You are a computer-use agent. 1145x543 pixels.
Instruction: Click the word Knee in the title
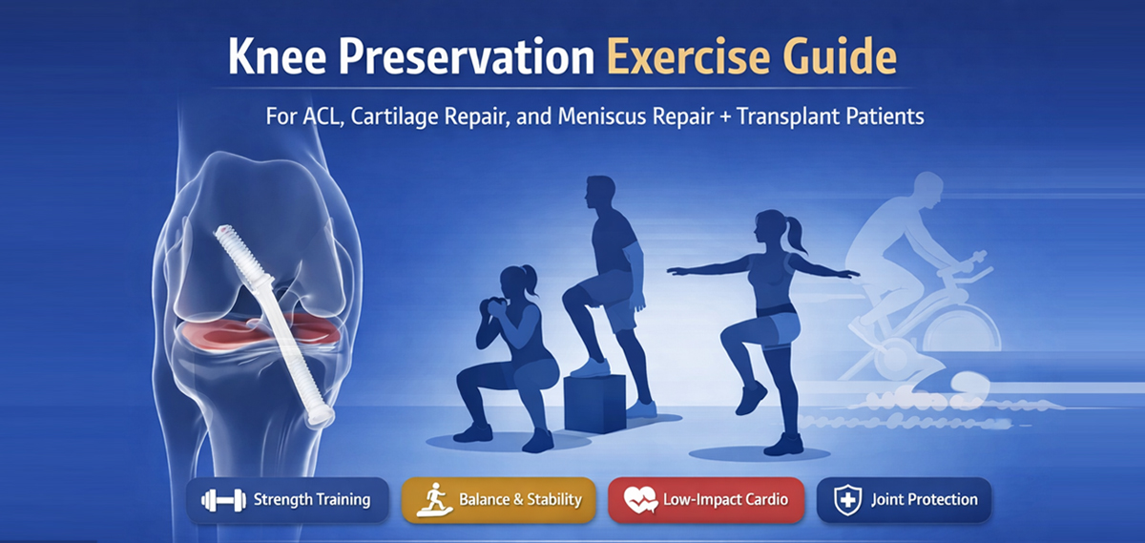277,56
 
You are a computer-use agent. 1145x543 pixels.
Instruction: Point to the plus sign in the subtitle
725,117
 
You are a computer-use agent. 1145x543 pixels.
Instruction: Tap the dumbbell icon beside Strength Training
223,500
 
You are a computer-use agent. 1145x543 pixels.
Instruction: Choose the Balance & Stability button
498,500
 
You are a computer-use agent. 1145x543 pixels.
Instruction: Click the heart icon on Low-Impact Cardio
640,499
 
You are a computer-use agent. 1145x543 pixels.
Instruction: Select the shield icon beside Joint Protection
847,500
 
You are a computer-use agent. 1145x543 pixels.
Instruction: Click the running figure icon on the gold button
434,499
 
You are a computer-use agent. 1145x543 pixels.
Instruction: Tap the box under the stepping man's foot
595,403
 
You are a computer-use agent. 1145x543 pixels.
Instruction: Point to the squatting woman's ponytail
530,282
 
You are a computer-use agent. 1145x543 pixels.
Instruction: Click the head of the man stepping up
599,193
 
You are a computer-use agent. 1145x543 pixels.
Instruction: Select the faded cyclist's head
927,188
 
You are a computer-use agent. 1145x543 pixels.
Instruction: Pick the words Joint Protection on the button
925,499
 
